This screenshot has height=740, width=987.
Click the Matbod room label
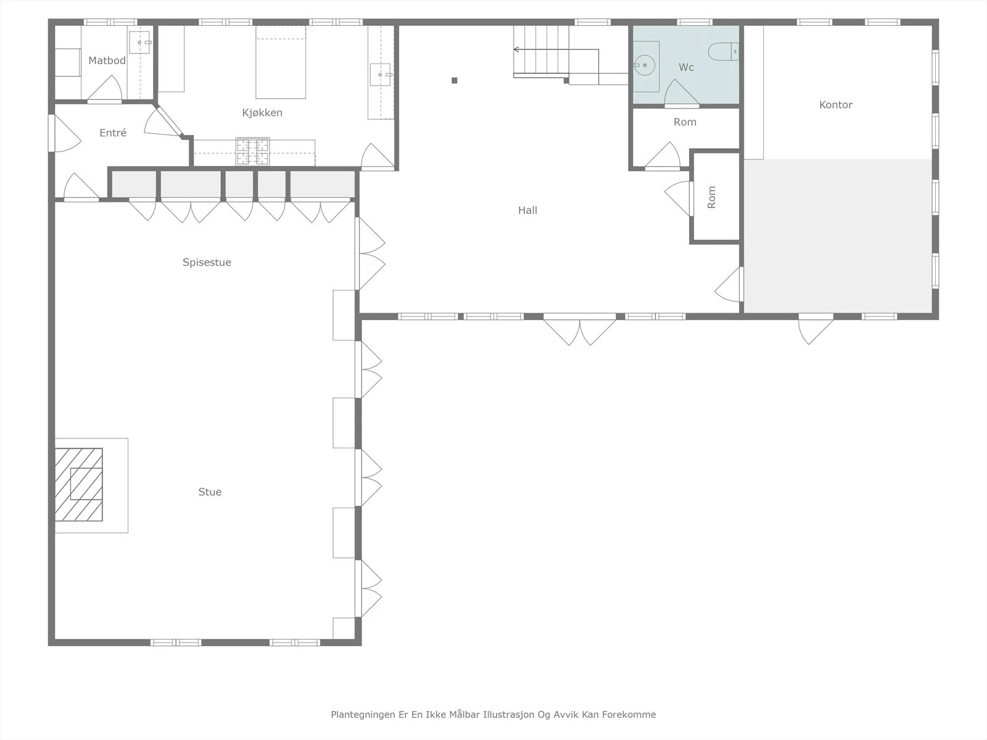pyautogui.click(x=107, y=60)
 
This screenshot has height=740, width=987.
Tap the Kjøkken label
pyautogui.click(x=262, y=113)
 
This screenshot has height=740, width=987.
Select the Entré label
pyautogui.click(x=113, y=133)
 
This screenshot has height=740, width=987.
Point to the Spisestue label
pyautogui.click(x=207, y=263)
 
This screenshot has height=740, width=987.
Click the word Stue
pyautogui.click(x=210, y=492)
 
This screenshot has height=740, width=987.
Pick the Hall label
pyautogui.click(x=527, y=210)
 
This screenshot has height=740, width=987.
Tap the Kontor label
pyautogui.click(x=836, y=105)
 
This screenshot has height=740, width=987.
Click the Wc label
pyautogui.click(x=686, y=67)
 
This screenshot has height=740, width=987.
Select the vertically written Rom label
pyautogui.click(x=711, y=197)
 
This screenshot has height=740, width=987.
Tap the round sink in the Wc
pyautogui.click(x=645, y=65)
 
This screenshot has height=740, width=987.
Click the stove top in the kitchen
pyautogui.click(x=253, y=152)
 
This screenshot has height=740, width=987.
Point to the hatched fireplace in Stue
pyautogui.click(x=79, y=484)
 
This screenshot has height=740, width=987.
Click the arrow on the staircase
pyautogui.click(x=556, y=49)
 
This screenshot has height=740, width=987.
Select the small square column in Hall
pyautogui.click(x=455, y=80)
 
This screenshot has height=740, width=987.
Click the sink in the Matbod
pyautogui.click(x=139, y=42)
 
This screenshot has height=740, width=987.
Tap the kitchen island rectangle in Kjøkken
pyautogui.click(x=281, y=62)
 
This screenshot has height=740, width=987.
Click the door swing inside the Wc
pyautogui.click(x=682, y=92)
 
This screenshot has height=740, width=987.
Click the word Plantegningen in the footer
pyautogui.click(x=363, y=715)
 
